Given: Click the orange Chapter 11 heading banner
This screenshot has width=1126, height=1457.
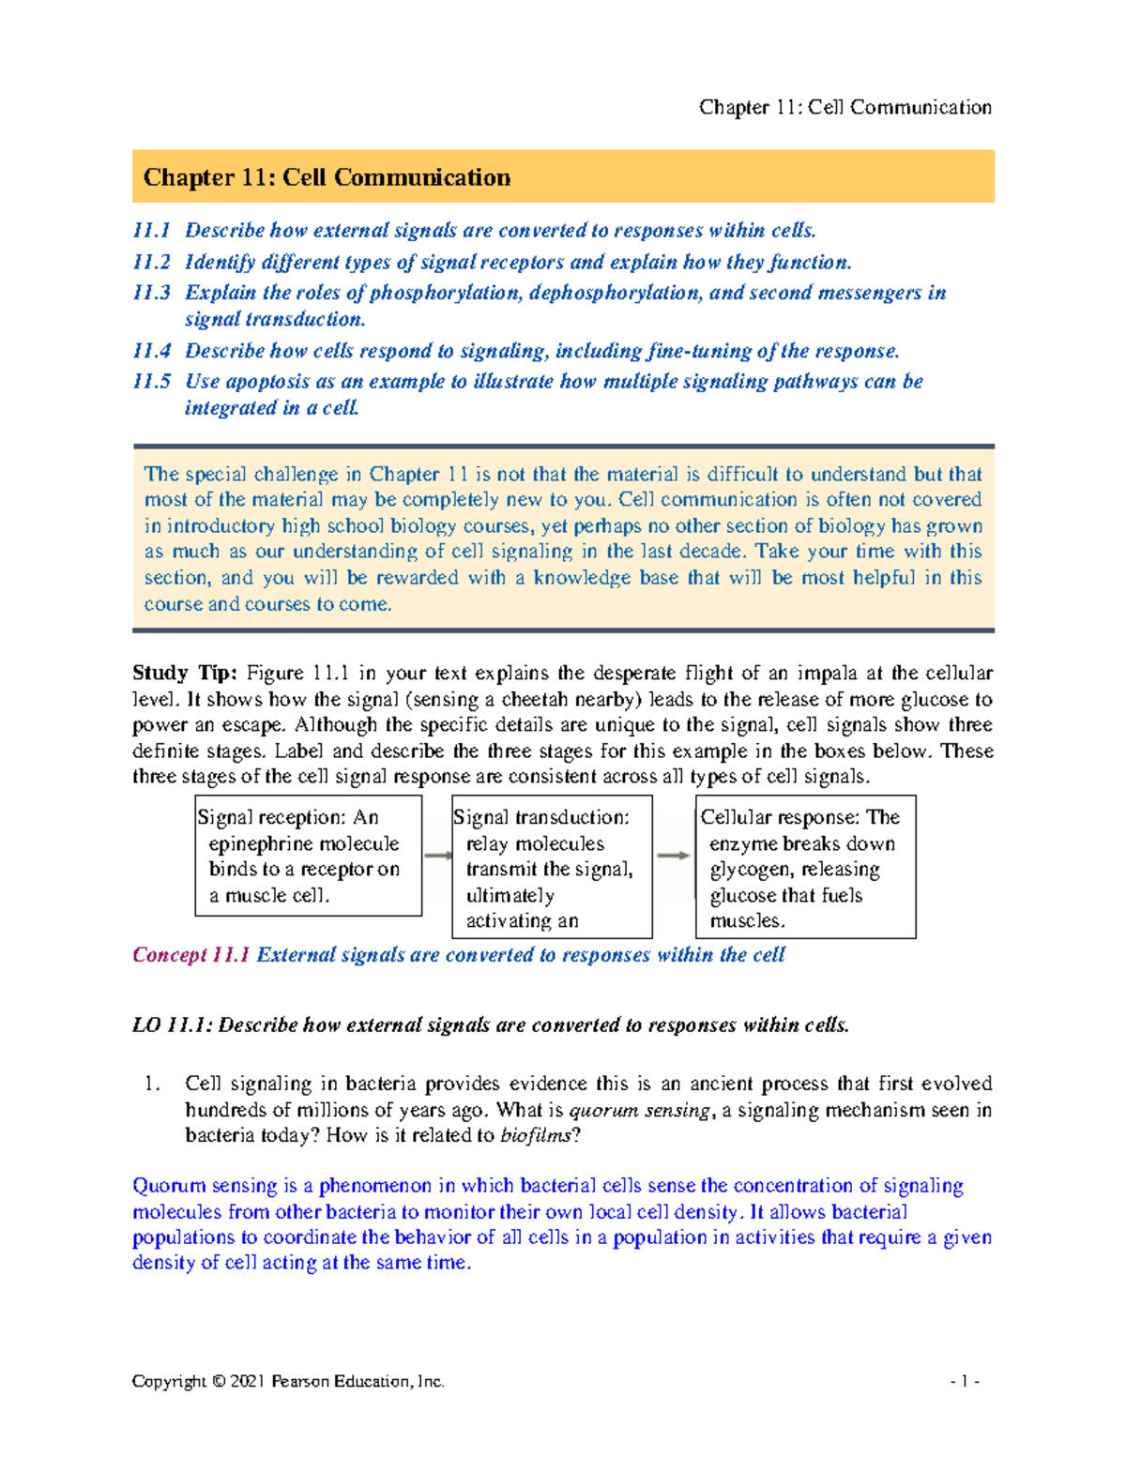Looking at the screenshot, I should click(x=563, y=176).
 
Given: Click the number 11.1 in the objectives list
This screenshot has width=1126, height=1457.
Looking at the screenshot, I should click(x=151, y=231).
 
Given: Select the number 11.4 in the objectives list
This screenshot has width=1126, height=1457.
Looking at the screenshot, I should click(x=151, y=351).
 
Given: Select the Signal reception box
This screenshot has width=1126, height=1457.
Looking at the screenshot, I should click(x=308, y=856).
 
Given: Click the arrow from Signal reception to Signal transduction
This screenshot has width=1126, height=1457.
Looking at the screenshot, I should click(x=438, y=856).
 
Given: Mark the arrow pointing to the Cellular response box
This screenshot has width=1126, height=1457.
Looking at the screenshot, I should click(x=673, y=856).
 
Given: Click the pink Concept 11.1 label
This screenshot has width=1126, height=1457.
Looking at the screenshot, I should click(x=191, y=955).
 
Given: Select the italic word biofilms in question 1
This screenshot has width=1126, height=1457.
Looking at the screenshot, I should click(x=535, y=1135).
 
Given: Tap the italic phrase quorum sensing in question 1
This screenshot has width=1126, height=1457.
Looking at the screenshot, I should click(x=639, y=1110).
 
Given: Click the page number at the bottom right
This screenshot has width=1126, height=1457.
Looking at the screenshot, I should click(x=965, y=1381).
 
